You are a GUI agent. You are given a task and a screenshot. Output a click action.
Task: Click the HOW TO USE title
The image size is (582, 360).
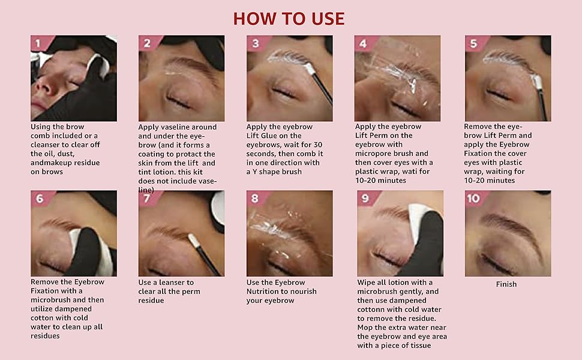289,18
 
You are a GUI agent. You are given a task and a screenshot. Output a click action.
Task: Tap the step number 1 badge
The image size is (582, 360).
38,43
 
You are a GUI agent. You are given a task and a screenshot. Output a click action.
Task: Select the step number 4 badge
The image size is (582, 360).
362,43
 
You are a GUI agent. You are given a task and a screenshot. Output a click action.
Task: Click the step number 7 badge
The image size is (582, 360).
146,199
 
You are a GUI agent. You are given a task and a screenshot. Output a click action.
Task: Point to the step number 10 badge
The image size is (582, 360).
474,198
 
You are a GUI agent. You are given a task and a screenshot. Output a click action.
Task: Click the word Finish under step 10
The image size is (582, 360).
506,284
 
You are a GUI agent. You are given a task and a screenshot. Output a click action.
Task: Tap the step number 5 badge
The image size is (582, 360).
473,43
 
